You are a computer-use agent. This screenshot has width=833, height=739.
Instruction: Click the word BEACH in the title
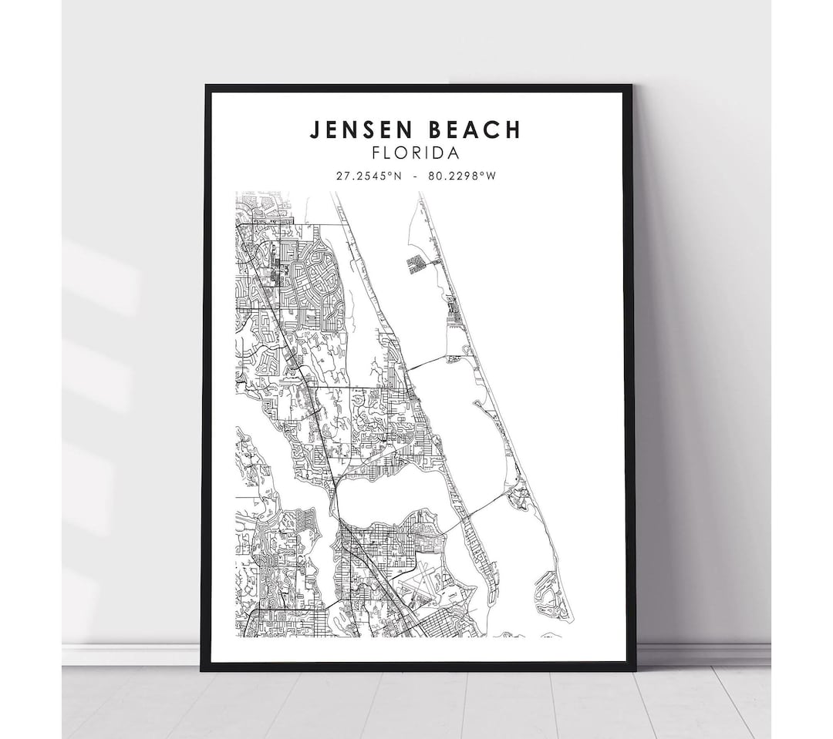[475, 129]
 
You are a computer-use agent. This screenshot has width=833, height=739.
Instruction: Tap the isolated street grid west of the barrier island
[416, 264]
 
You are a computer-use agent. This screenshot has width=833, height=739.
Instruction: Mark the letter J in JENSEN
[315, 129]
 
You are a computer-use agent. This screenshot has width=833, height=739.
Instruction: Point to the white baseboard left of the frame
[131, 654]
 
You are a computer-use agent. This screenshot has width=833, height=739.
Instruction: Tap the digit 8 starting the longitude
[430, 176]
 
